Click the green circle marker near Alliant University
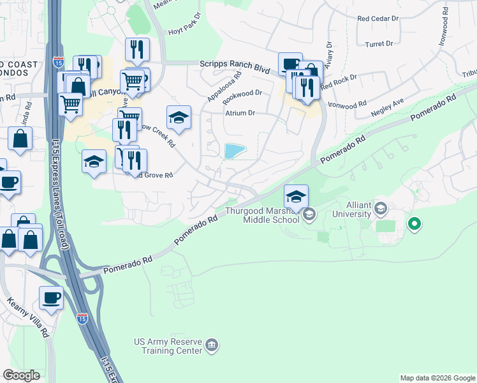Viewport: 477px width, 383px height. coord(415,224)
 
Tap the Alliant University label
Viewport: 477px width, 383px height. coord(358,209)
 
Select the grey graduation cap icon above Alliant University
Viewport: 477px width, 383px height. coord(381,207)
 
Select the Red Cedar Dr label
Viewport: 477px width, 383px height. coord(378,19)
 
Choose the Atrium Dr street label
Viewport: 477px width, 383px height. coord(239,113)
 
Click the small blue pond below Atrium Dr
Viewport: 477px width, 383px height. coord(235,151)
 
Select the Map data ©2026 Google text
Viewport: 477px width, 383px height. coord(437,378)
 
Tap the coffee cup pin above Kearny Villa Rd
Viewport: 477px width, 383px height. coord(51,297)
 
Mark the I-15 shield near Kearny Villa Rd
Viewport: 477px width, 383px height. coord(82,317)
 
